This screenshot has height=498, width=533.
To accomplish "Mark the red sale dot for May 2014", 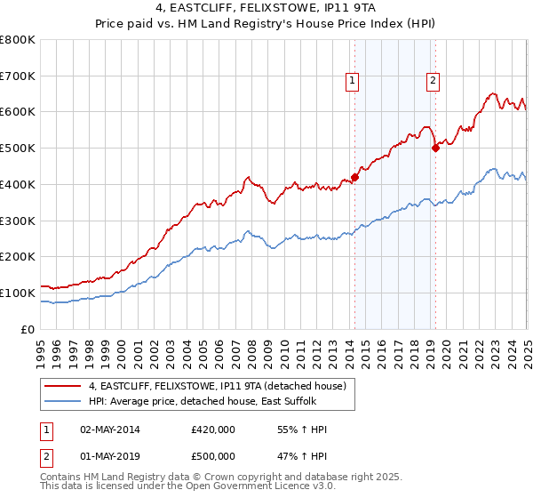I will click(x=354, y=177).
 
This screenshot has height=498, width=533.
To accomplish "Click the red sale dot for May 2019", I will click(x=435, y=149).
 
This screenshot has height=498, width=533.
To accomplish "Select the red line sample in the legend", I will click(x=63, y=386).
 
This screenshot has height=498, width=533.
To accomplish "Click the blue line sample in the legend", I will click(x=63, y=402).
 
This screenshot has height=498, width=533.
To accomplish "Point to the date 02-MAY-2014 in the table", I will click(x=109, y=430).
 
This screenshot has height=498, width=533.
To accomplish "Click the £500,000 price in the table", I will click(x=213, y=456).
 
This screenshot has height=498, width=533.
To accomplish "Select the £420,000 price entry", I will click(x=213, y=430).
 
